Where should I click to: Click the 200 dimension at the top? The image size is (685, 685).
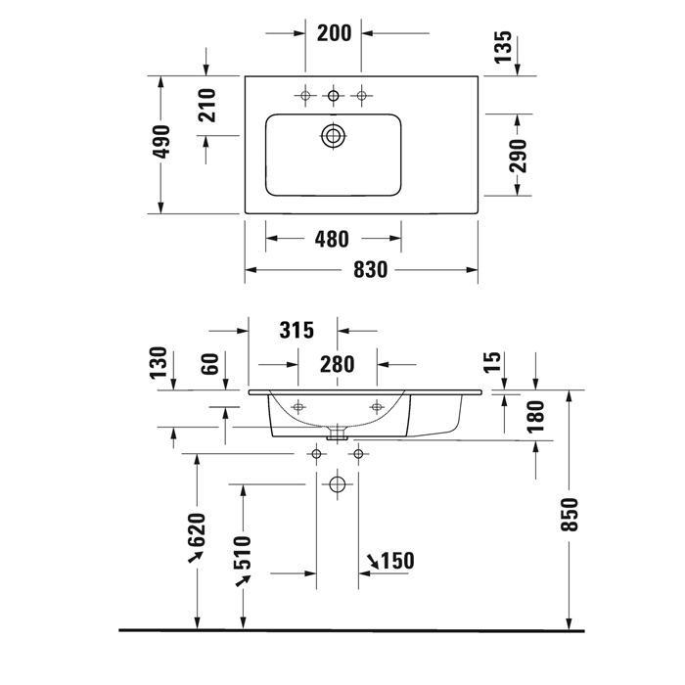(334, 32)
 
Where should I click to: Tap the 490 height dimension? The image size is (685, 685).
(162, 143)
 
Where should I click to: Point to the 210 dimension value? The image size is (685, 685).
(206, 105)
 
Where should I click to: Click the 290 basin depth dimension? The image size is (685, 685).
(518, 155)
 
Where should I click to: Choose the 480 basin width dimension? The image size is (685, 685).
(333, 239)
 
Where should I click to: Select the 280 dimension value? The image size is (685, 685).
(337, 364)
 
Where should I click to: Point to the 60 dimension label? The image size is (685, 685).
(207, 365)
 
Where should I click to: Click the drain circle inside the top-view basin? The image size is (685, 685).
(334, 136)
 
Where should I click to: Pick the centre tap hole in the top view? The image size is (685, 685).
(334, 95)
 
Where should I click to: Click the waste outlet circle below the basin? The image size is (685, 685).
(338, 483)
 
